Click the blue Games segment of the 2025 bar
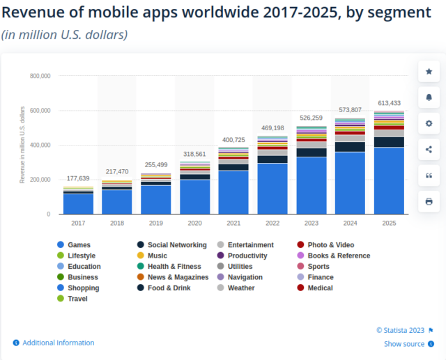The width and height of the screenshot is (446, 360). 389,180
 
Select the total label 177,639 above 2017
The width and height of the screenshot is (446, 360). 78,179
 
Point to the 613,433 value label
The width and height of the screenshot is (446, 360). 389,103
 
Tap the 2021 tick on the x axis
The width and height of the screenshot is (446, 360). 233,223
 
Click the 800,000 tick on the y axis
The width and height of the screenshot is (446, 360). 40,76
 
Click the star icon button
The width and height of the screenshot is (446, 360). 429,72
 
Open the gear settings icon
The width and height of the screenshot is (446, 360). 429,123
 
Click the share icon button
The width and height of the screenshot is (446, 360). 429,149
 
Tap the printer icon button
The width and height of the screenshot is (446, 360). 429,201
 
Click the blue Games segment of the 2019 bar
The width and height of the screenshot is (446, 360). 155,199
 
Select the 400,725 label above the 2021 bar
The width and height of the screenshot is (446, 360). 233,140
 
